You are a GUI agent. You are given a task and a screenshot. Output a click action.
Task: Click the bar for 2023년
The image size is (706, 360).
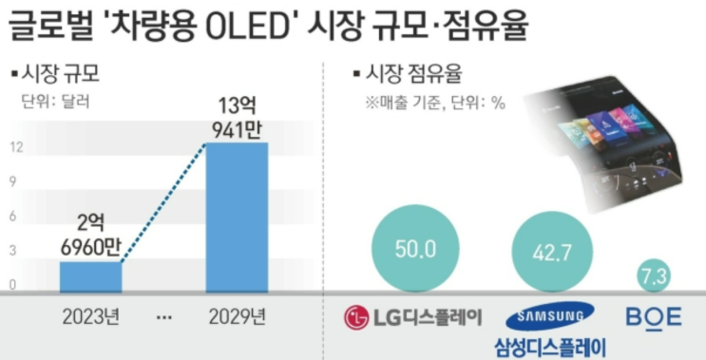(90, 276)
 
